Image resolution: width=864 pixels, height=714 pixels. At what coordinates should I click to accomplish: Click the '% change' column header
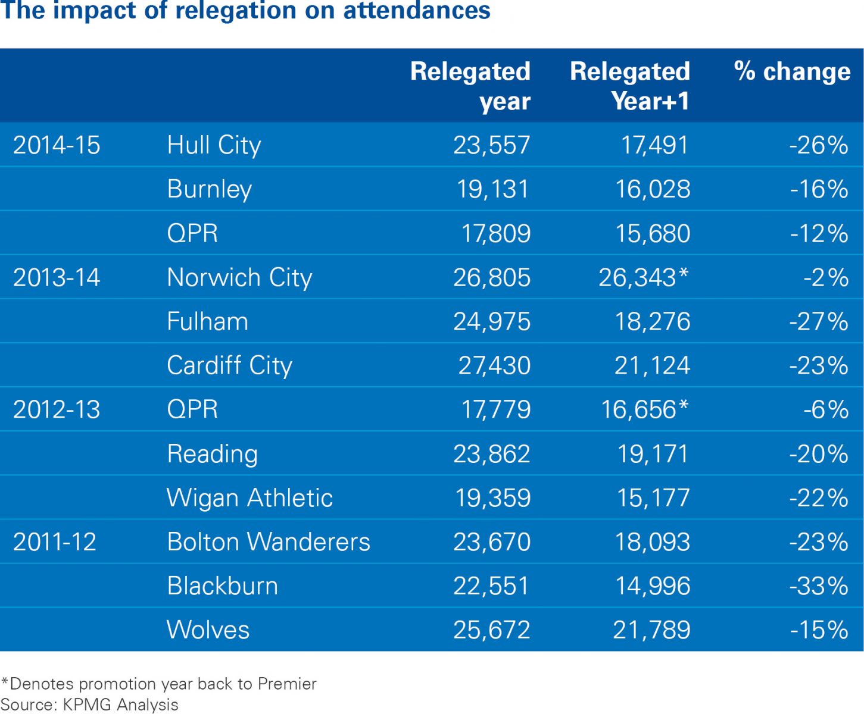(x=792, y=71)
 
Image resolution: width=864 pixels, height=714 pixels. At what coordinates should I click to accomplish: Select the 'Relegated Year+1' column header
(x=630, y=86)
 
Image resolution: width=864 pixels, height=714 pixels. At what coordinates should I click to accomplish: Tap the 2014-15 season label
(x=57, y=145)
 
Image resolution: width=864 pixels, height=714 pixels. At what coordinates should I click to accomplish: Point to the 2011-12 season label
(x=55, y=542)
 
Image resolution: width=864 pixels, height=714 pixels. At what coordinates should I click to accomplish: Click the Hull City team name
(x=214, y=145)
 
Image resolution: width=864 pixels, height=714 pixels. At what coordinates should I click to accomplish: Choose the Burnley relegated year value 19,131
(x=492, y=189)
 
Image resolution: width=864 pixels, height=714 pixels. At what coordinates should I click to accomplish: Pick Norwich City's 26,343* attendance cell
(x=644, y=277)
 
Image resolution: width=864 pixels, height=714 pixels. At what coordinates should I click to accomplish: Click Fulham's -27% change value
(x=819, y=321)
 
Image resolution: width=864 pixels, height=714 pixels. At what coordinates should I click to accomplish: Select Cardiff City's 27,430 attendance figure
(x=494, y=365)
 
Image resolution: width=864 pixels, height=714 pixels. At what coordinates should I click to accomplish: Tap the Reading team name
(x=213, y=454)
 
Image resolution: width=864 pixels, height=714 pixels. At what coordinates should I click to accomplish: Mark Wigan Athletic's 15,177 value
(x=653, y=498)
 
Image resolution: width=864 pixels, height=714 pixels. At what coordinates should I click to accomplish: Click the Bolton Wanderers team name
(x=269, y=542)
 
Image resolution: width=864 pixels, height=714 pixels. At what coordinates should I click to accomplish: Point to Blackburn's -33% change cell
(x=819, y=586)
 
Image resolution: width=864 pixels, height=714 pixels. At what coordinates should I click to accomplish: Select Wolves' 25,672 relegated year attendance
(x=492, y=630)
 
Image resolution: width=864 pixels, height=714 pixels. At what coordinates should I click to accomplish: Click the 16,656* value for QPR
(x=645, y=409)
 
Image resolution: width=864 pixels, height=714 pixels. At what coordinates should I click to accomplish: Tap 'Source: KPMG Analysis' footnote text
(x=90, y=704)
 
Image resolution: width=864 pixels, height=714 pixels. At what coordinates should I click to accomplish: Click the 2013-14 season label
(x=57, y=277)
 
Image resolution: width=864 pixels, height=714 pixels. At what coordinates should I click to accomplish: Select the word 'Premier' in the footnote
(x=287, y=684)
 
